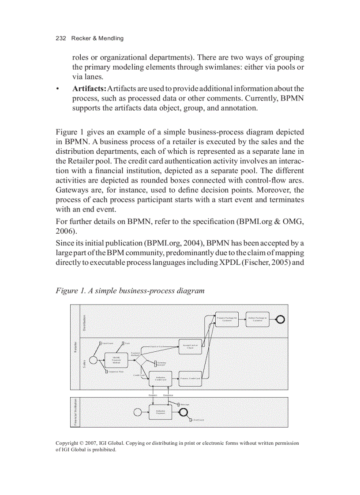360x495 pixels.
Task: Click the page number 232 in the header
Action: (60, 38)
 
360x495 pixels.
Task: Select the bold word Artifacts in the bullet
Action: (89, 89)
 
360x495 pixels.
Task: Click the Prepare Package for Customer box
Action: (227, 319)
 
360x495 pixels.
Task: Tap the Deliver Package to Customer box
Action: (257, 319)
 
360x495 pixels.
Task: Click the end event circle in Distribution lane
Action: (281, 320)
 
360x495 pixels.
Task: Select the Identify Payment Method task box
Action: (116, 360)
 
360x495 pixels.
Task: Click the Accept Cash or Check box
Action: (190, 346)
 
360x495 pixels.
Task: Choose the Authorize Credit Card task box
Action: (160, 378)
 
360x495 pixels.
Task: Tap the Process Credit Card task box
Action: (190, 378)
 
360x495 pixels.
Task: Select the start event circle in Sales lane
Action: (93, 360)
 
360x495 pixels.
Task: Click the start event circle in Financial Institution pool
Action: (138, 412)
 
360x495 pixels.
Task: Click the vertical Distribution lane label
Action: (85, 321)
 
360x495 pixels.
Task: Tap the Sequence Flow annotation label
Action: (116, 372)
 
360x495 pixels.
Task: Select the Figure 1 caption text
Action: (130, 291)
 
